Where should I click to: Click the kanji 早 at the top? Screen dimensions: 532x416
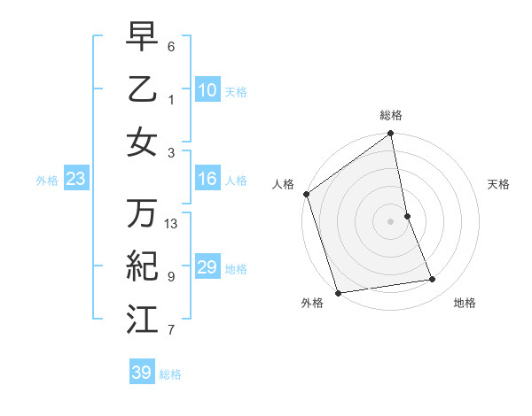[142, 38]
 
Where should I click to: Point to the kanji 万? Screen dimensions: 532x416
[142, 213]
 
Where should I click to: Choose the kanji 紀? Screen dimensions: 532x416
[142, 266]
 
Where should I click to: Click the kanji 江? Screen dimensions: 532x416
[142, 320]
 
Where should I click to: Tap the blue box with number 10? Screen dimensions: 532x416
[207, 89]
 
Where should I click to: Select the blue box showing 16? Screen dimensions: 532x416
[207, 179]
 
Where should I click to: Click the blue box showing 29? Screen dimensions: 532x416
[207, 267]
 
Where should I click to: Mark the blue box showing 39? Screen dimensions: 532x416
[142, 373]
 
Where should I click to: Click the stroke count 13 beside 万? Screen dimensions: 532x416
[172, 224]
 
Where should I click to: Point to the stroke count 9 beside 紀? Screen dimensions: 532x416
[171, 276]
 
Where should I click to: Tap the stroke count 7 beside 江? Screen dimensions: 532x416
[171, 330]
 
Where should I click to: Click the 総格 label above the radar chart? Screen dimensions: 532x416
[391, 116]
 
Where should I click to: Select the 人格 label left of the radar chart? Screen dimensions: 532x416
[284, 184]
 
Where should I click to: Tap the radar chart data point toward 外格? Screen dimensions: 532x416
[338, 292]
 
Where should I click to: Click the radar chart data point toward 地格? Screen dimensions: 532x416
[433, 280]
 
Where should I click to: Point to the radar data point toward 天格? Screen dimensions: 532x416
[407, 215]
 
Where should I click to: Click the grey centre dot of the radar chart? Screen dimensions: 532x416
[390, 220]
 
